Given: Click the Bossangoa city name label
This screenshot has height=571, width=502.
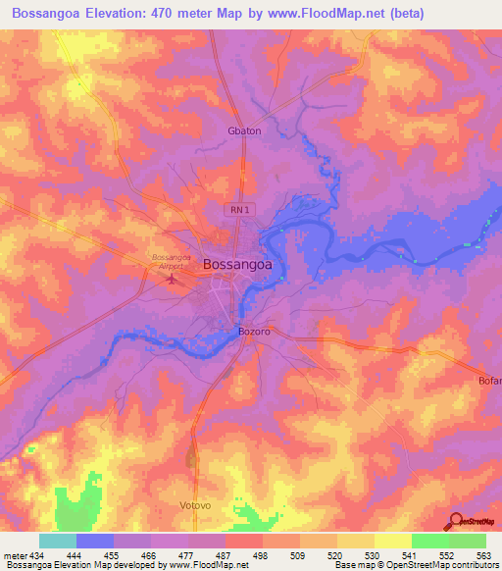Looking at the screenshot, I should [237, 264].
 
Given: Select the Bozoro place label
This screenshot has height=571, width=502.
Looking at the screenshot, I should [254, 332].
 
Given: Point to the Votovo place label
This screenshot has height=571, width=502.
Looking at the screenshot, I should [196, 505].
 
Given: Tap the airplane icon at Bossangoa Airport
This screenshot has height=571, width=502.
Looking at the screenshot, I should [174, 279].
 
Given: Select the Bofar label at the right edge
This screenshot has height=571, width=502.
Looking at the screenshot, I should [489, 380].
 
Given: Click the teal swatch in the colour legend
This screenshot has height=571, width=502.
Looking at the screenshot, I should [58, 541].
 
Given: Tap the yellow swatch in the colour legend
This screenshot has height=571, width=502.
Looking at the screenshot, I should [392, 541].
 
